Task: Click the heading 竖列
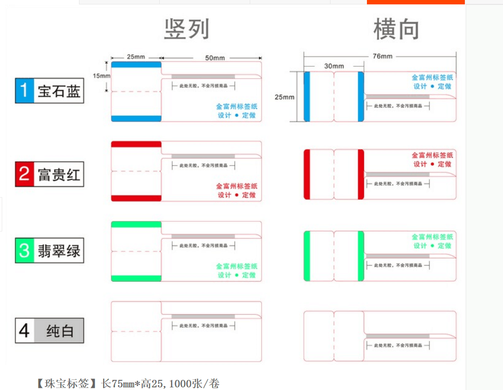click(187, 29)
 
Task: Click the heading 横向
click(396, 29)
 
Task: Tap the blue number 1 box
click(25, 90)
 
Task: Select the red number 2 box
click(25, 174)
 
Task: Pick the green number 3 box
click(25, 251)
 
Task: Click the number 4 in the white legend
click(25, 330)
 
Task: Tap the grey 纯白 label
click(59, 330)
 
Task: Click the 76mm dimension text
click(382, 56)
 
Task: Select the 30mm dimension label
click(334, 66)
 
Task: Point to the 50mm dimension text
click(215, 58)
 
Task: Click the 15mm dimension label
click(101, 76)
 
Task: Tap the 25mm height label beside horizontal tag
click(284, 97)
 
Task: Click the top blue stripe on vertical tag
click(136, 65)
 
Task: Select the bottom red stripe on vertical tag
click(136, 198)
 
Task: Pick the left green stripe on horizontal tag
click(307, 256)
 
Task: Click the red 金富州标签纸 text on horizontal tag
click(432, 155)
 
